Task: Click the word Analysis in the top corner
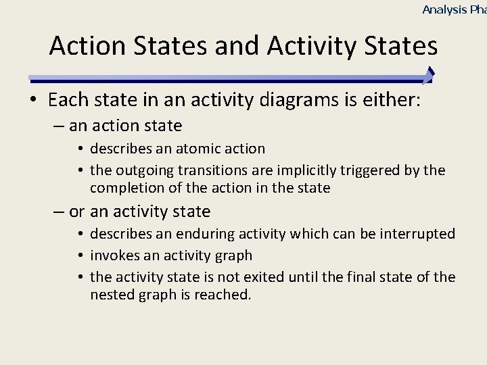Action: (444, 9)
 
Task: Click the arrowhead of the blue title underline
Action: (429, 76)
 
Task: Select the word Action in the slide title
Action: (84, 46)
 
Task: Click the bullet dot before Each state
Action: (33, 101)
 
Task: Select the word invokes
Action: (112, 255)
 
